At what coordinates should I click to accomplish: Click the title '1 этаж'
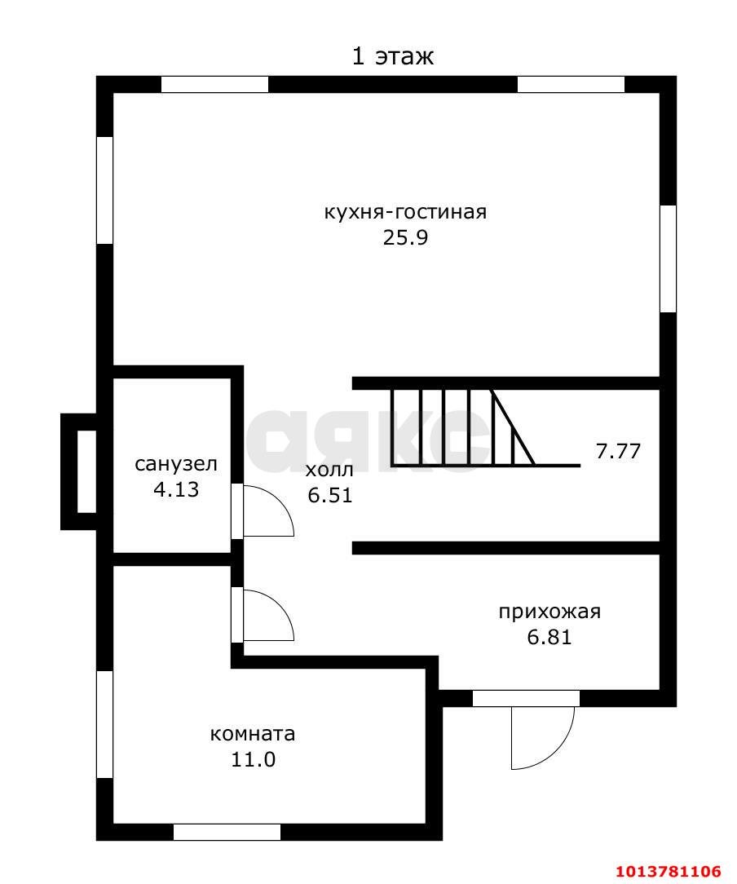point(393,57)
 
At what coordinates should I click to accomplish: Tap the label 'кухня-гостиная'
point(405,213)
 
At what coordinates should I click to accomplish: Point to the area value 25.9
point(406,237)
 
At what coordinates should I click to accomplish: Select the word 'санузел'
point(176,465)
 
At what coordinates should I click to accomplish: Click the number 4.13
point(176,489)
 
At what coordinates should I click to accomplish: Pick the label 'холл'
point(329,471)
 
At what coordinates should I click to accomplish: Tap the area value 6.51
point(329,495)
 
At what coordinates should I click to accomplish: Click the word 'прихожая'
point(549,612)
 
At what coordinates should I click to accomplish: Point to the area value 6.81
point(549,637)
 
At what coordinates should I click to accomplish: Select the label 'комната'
point(253,735)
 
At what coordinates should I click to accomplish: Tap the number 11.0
point(253,759)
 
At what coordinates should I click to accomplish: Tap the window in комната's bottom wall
point(227,832)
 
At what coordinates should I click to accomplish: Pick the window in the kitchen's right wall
point(668,259)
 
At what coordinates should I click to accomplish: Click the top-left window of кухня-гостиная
point(214,84)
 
